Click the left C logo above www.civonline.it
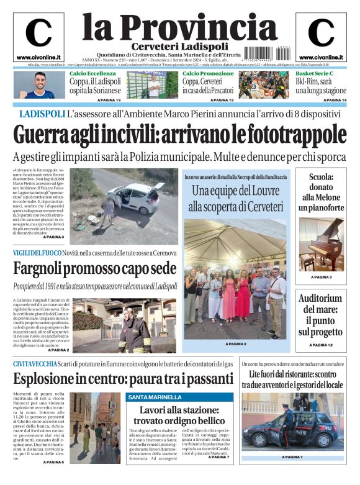coord(38,33)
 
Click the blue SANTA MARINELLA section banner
coord(155,397)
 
